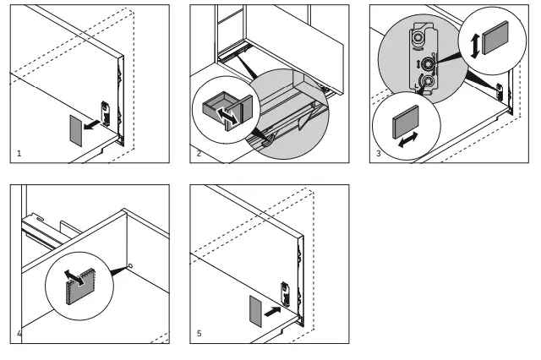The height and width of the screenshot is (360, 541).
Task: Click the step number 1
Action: coord(19,155)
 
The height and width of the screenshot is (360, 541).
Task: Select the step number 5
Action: coord(199,334)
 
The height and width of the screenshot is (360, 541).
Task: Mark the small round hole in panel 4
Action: coord(131,269)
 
